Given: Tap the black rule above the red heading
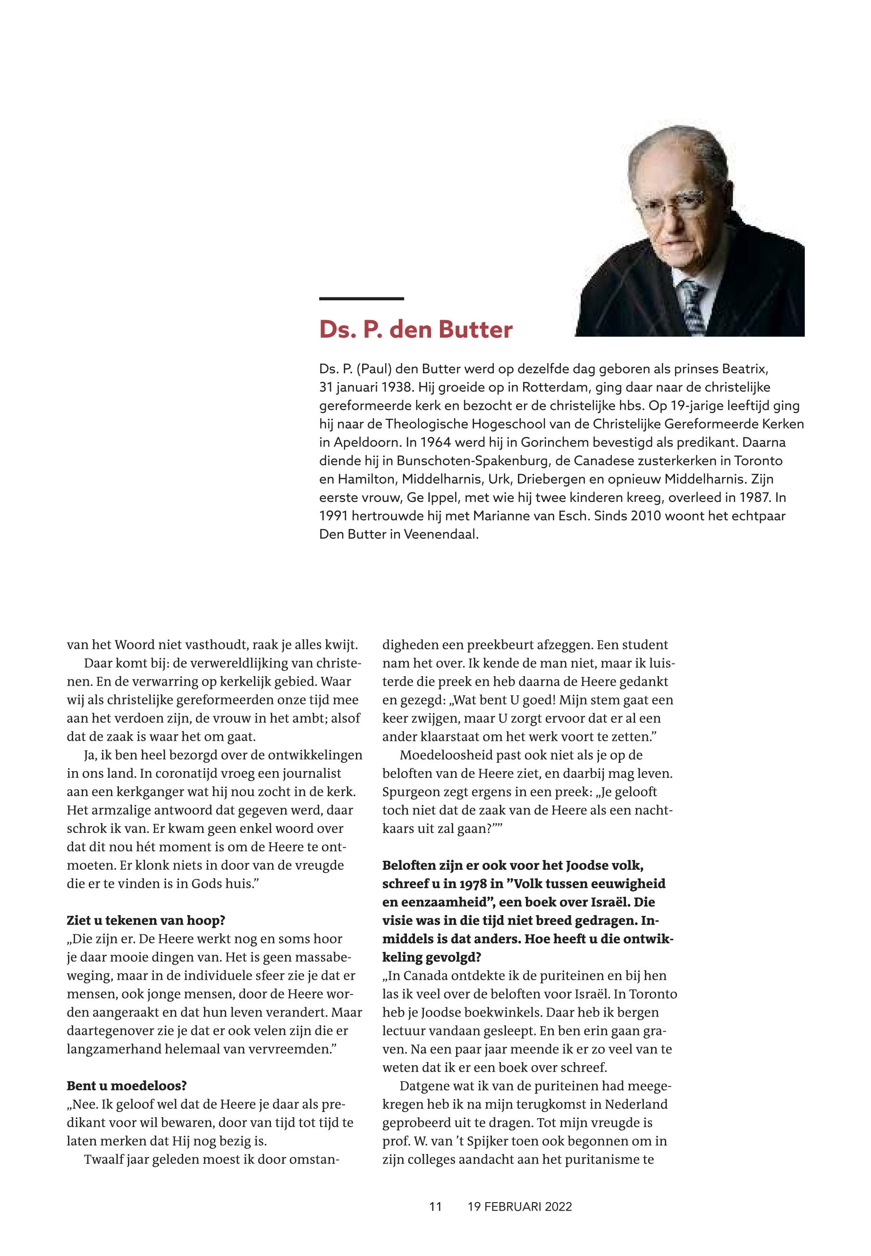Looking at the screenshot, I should pyautogui.click(x=361, y=298).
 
